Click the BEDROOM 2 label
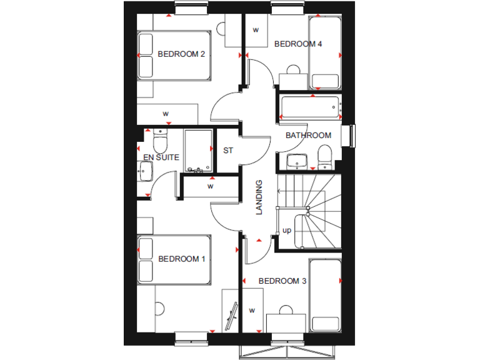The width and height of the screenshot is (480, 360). tap(181, 54)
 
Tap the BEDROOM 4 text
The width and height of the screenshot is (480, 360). tap(298, 44)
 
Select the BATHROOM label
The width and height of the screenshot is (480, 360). tap(308, 136)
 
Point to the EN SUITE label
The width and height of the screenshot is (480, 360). tap(162, 157)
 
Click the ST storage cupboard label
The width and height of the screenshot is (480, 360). tap(228, 151)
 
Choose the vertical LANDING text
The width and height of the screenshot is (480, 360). tap(259, 197)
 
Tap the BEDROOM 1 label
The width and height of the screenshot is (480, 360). tap(181, 259)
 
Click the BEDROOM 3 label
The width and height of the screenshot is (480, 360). tap(282, 281)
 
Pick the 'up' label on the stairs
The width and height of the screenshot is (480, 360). tap(287, 230)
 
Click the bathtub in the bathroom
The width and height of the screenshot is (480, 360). tap(310, 107)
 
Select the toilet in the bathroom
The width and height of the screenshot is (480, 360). tap(324, 157)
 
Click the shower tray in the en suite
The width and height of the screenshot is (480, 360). tap(199, 151)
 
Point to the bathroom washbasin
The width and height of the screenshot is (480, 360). tap(297, 161)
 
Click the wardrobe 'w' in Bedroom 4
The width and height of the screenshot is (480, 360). tap(256, 30)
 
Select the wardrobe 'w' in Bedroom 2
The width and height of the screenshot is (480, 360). tap(166, 114)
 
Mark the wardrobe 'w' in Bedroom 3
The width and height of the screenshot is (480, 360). tap(252, 310)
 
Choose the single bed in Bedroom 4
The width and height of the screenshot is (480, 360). tap(324, 52)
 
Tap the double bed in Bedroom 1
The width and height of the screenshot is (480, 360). tap(174, 259)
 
